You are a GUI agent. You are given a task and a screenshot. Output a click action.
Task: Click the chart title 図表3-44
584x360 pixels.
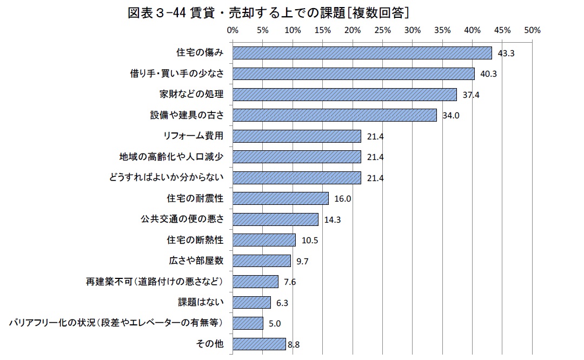click(x=268, y=12)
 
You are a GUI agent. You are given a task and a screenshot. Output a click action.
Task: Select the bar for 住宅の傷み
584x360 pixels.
click(x=362, y=53)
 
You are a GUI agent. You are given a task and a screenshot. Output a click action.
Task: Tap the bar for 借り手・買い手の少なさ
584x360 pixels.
click(x=354, y=74)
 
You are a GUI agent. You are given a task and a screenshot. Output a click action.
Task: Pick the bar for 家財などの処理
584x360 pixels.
click(x=345, y=95)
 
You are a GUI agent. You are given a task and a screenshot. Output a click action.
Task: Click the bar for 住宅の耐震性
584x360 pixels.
click(x=281, y=198)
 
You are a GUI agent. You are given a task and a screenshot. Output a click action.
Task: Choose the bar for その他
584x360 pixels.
click(x=259, y=344)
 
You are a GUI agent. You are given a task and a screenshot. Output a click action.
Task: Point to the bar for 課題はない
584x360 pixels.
click(x=251, y=302)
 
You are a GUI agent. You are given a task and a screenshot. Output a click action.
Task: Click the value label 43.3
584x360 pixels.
click(x=506, y=53)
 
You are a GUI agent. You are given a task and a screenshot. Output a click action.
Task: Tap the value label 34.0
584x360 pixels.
click(x=450, y=116)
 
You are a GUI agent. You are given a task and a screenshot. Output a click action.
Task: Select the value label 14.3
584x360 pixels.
click(x=332, y=219)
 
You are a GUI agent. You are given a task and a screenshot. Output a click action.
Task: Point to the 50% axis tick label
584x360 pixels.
click(x=532, y=30)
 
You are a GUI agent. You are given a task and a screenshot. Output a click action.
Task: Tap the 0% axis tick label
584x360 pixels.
click(x=233, y=30)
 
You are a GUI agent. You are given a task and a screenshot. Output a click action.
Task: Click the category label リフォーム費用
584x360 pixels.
click(x=193, y=136)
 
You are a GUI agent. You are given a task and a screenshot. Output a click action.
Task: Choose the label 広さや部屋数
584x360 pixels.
click(x=196, y=261)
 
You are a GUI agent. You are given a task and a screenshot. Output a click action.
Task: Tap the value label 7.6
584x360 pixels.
click(x=290, y=282)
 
